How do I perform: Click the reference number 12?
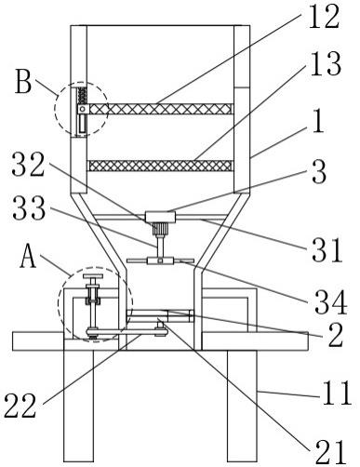[x=324, y=17]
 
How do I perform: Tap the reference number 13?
[x=326, y=64]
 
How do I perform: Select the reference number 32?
[x=29, y=165]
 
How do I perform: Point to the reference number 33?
[x=29, y=208]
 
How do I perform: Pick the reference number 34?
[x=330, y=301]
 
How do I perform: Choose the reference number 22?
[x=20, y=406]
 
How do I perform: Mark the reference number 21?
[x=330, y=452]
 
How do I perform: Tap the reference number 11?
[x=338, y=393]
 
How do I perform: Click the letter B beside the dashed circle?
[x=23, y=82]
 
